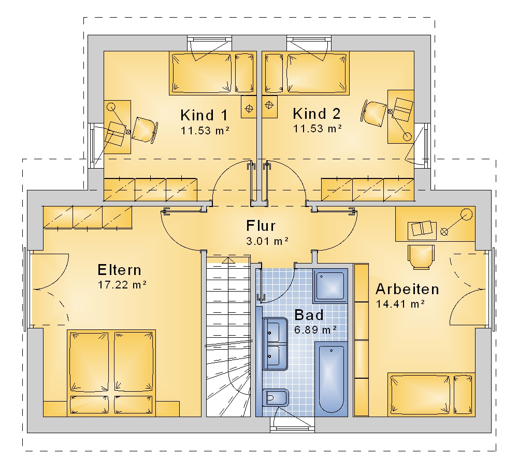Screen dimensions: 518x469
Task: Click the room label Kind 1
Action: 204,116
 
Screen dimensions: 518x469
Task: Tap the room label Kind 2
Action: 316,114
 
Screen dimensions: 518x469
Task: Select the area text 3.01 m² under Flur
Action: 267,241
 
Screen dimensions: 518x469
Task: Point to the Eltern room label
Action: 120,270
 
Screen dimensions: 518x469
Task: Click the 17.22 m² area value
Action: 122,285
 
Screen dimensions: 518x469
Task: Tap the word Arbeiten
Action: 407,289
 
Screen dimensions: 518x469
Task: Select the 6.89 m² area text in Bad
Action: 315,329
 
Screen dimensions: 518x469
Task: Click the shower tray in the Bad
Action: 330,286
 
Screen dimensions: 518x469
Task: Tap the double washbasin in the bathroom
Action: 275,343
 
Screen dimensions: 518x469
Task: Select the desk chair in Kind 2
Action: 373,112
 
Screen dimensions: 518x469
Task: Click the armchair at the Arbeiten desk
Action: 421,257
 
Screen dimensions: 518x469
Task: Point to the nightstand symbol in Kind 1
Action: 249,107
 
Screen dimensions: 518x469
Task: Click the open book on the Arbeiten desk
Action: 422,229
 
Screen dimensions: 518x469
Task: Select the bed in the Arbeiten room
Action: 431,394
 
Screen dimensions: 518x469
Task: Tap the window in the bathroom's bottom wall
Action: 292,425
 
